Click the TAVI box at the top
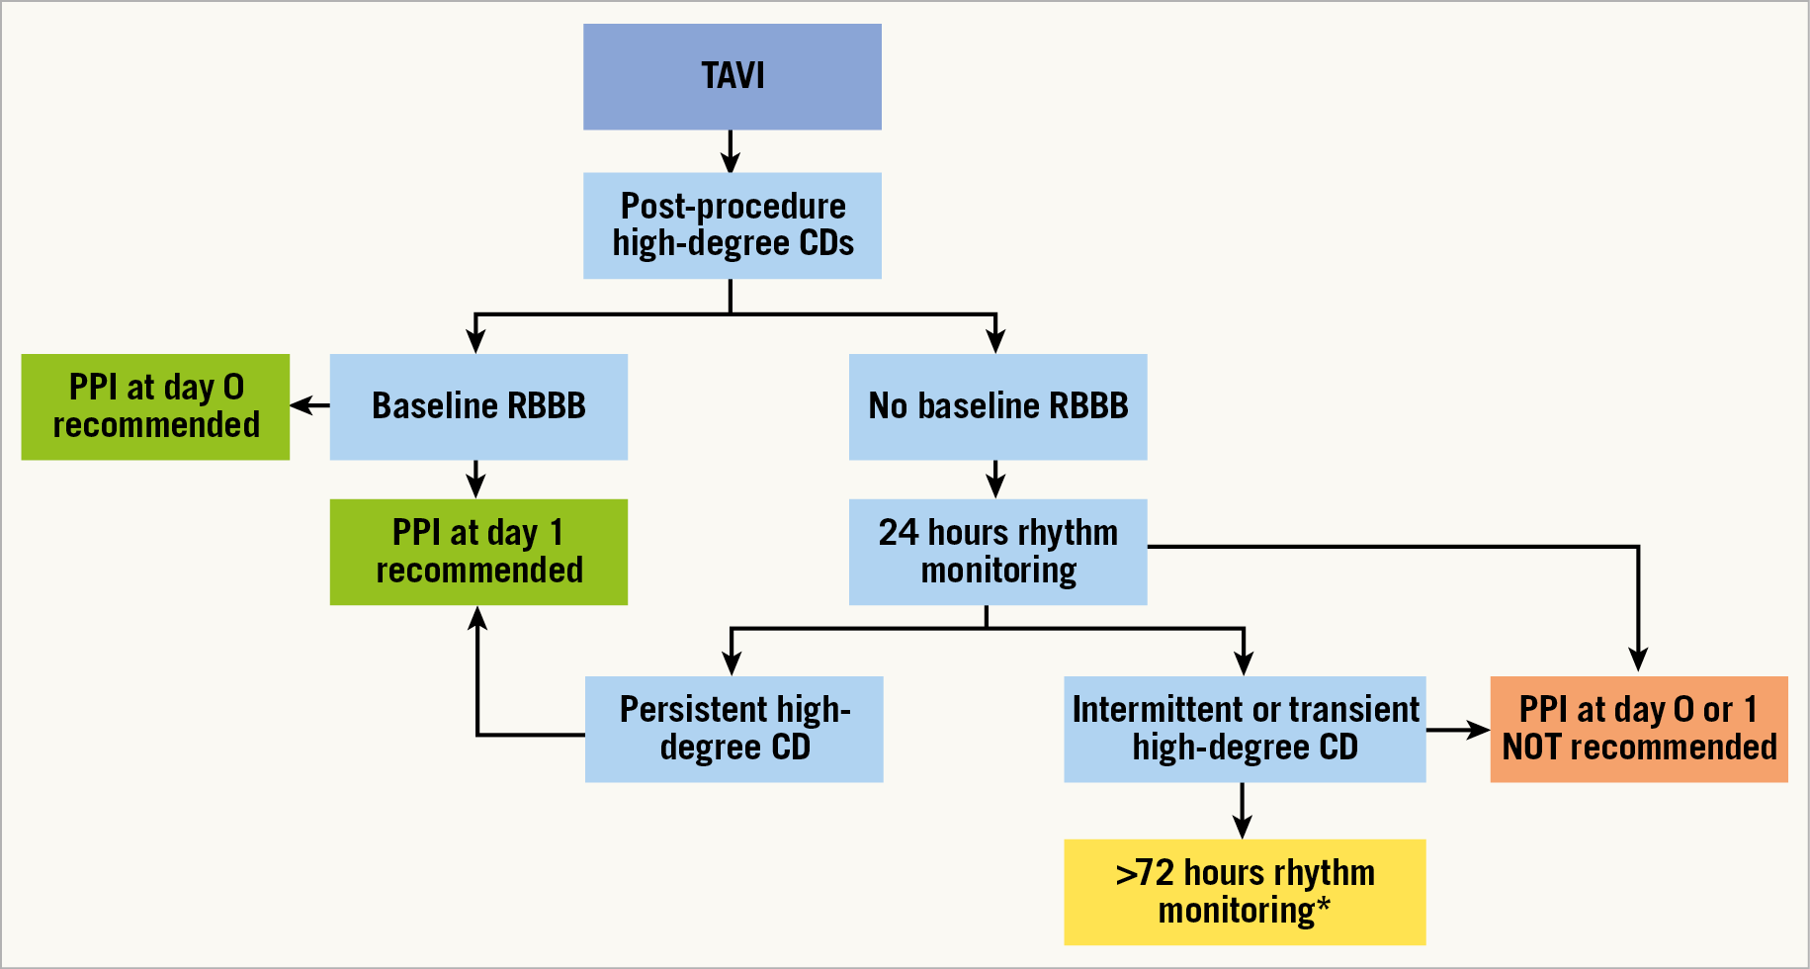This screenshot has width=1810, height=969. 732,76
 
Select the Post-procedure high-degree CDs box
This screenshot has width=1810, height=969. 732,225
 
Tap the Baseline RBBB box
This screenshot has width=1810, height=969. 478,406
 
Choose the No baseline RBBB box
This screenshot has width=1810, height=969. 997,406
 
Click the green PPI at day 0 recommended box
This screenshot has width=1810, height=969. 155,406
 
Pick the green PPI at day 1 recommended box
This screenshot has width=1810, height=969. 478,552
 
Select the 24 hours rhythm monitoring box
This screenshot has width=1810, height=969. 997,552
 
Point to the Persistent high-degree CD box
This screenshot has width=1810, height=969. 733,729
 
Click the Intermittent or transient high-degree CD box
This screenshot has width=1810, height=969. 1245,729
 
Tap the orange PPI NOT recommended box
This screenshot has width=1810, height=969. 1638,729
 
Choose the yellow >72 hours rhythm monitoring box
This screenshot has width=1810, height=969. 1245,892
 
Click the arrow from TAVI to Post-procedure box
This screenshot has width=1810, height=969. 731,151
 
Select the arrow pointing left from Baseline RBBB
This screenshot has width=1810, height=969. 309,405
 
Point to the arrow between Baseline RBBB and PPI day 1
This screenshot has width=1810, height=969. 476,480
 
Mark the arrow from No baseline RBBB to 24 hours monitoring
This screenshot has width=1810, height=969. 995,480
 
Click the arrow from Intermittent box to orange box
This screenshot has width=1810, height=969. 1458,731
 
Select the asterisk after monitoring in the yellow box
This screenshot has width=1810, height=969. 1323,903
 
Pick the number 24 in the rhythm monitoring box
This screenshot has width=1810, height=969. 899,533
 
